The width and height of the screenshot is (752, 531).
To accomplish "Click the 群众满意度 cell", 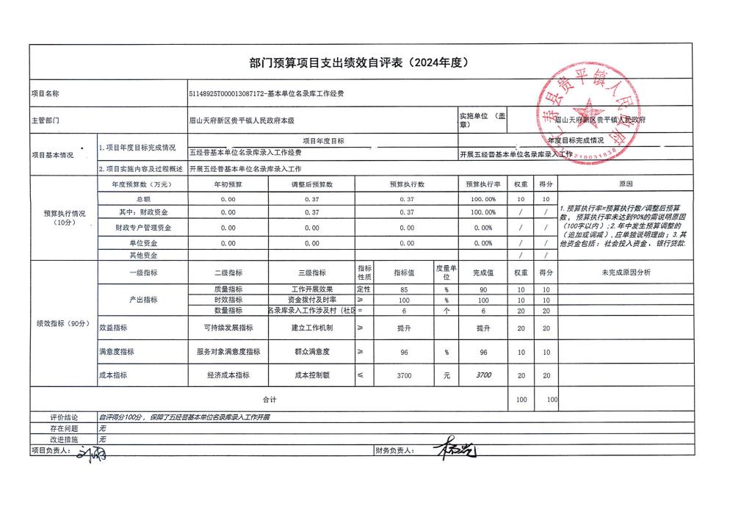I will click(312, 353).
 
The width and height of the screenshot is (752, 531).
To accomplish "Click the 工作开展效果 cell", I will click(312, 289).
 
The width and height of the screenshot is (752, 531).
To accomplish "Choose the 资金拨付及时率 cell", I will click(312, 300).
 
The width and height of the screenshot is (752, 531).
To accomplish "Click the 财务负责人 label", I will click(394, 450).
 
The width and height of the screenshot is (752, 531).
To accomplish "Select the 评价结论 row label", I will click(64, 417).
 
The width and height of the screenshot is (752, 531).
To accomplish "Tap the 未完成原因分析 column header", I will click(625, 272).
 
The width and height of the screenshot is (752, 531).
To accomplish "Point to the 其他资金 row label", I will click(142, 255).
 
